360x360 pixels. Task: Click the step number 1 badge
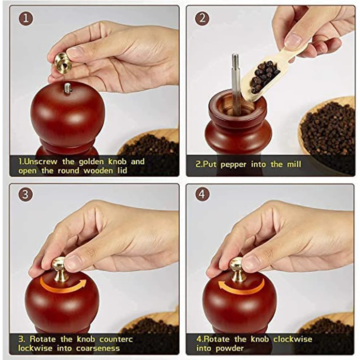click(x=25, y=19)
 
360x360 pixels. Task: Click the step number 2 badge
click(x=202, y=19)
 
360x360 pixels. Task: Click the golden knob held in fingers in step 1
click(x=63, y=62)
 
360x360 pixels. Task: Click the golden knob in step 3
click(x=60, y=269)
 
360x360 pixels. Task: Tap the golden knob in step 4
click(x=237, y=269)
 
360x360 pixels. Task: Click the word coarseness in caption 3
click(x=98, y=348)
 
